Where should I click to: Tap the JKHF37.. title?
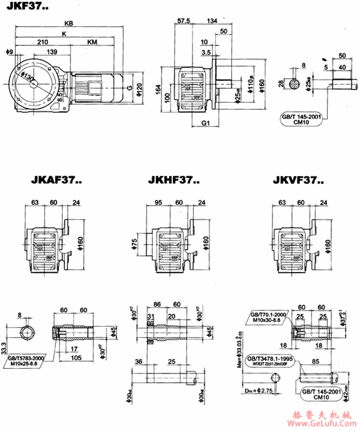coord(174,180)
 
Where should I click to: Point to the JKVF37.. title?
coord(299,180)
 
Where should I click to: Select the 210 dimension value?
coord(43,43)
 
